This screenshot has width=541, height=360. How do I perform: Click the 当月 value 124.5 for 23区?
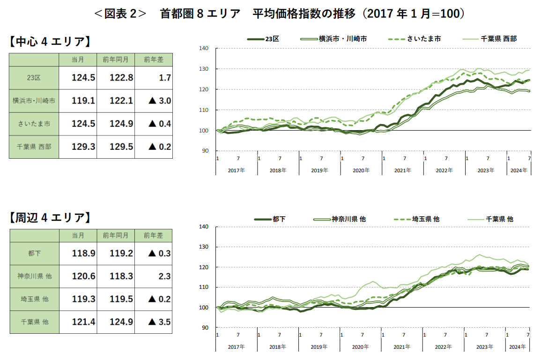point(83,78)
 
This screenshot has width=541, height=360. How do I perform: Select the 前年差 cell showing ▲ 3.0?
point(160,101)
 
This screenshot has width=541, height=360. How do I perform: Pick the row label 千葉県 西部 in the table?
point(33,147)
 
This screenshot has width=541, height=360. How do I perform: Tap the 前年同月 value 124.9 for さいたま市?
point(121,124)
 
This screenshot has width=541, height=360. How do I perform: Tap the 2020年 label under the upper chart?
point(361,170)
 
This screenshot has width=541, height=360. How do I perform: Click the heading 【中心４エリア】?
point(50,42)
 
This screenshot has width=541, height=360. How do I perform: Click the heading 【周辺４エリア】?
point(50,218)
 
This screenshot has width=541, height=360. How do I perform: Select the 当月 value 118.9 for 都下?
point(83,253)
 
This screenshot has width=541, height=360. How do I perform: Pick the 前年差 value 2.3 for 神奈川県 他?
point(164,276)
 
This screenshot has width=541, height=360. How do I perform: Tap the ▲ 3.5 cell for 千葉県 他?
point(160,322)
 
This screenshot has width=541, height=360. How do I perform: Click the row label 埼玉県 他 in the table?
point(34,299)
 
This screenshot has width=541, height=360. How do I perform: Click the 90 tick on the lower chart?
point(205,328)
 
